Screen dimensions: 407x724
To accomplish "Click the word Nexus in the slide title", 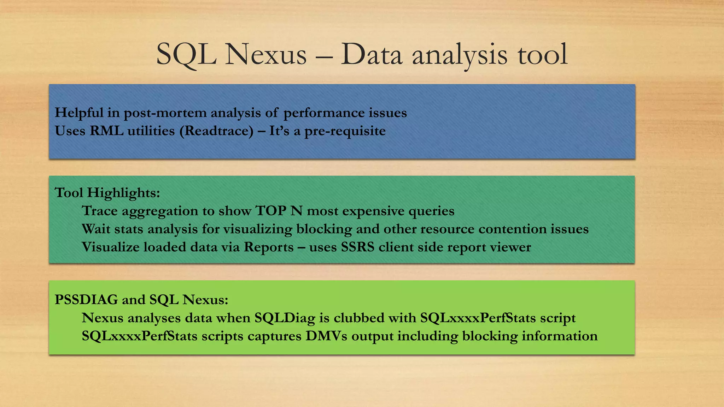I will pyautogui.click(x=266, y=55).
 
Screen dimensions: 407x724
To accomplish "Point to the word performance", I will pyautogui.click(x=324, y=113).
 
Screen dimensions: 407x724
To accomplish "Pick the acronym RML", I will pyautogui.click(x=106, y=131).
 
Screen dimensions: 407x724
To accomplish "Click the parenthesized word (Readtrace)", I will pyautogui.click(x=216, y=131).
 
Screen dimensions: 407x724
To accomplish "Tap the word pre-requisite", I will pyautogui.click(x=345, y=131).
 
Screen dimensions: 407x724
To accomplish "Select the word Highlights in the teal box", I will pyautogui.click(x=123, y=193).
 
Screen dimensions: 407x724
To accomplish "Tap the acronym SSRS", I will pyautogui.click(x=357, y=247).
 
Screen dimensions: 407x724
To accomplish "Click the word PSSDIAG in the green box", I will pyautogui.click(x=86, y=300).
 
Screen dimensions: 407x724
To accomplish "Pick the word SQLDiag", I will pyautogui.click(x=285, y=318).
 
